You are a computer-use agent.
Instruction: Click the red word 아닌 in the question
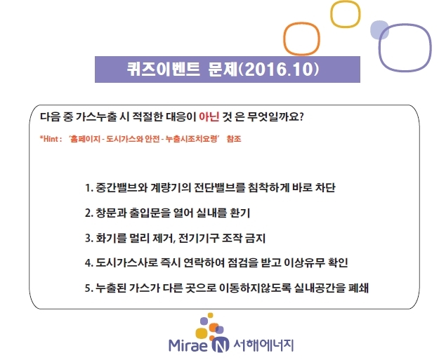coord(209,116)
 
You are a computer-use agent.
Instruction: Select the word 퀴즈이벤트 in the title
coord(164,69)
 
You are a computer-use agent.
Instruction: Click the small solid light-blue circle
coord(379,29)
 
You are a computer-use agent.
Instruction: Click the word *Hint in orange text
coord(49,139)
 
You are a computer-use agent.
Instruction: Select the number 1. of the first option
coord(89,188)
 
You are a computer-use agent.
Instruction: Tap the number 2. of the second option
coord(89,213)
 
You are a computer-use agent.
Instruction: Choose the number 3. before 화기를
coord(89,239)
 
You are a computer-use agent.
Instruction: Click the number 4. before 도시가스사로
coord(89,263)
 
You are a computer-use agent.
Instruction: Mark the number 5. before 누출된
coord(89,288)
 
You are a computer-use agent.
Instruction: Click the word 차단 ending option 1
coord(325,187)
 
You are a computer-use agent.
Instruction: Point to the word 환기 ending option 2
coord(240,213)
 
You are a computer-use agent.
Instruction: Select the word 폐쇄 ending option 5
coord(358,288)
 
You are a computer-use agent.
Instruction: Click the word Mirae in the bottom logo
coord(188,345)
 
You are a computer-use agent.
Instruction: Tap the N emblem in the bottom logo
coord(220,345)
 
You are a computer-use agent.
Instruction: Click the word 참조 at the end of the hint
coord(234,139)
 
